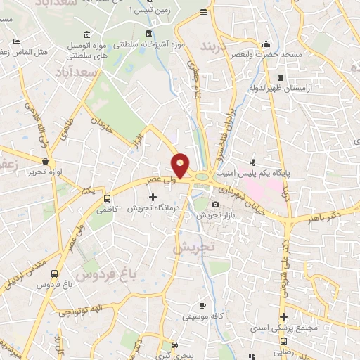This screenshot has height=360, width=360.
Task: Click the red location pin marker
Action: pyautogui.click(x=181, y=165)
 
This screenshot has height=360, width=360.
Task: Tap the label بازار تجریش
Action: pyautogui.click(x=214, y=215)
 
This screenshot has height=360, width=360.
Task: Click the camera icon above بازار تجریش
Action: pyautogui.click(x=214, y=205)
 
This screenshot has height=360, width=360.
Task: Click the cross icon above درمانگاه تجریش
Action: pyautogui.click(x=153, y=198)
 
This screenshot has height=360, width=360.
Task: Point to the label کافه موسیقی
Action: pyautogui.click(x=202, y=316)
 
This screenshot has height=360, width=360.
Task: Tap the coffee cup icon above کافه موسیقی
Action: pyautogui.click(x=202, y=306)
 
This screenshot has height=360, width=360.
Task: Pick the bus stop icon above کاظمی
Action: pyautogui.click(x=107, y=198)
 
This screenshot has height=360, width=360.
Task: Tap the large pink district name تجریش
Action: pyautogui.click(x=193, y=249)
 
